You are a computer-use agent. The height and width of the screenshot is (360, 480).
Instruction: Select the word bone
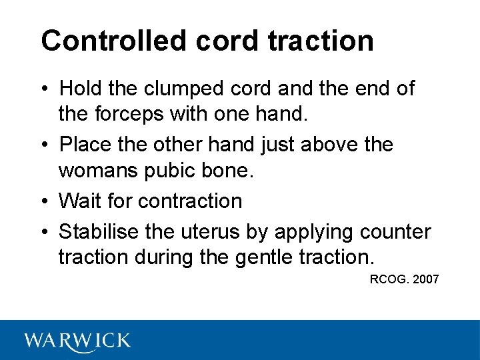coord(228,171)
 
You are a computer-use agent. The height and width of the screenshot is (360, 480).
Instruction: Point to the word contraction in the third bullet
coord(191,200)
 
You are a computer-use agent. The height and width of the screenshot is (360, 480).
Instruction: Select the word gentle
coord(267,257)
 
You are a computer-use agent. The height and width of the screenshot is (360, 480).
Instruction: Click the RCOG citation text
coord(389,279)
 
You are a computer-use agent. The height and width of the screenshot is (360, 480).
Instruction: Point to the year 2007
coord(426,279)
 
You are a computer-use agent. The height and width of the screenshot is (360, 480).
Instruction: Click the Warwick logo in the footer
coord(77,341)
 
